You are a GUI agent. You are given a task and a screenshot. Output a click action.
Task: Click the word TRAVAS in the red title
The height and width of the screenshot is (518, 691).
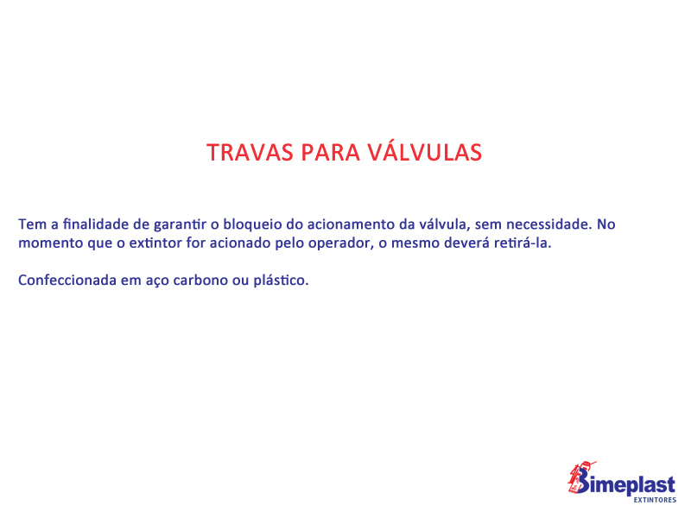pyautogui.click(x=250, y=153)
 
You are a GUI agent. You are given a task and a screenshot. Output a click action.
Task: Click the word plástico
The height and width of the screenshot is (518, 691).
pyautogui.click(x=281, y=281)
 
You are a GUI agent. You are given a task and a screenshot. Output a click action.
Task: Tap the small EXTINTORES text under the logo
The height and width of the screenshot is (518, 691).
pyautogui.click(x=655, y=500)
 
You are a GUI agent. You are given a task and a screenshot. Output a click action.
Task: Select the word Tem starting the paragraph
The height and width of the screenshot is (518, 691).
pyautogui.click(x=32, y=224)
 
